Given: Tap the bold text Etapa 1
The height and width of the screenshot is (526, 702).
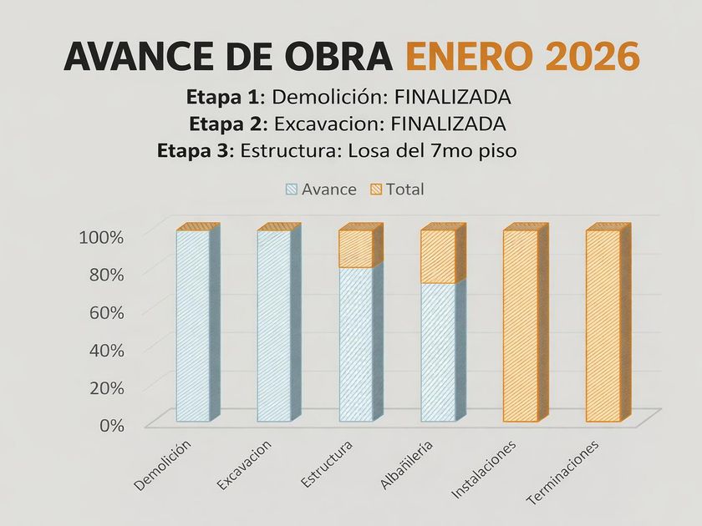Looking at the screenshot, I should point(222,97).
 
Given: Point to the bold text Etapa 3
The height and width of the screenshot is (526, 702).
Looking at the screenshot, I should point(196,151).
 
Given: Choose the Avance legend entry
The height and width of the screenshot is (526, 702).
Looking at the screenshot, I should point(321,190).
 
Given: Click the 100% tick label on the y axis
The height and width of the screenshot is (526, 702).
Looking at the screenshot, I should point(101,236).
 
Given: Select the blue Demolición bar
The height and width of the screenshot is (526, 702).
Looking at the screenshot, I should point(192,326).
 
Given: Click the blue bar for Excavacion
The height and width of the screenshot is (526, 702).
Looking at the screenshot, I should point(273,326).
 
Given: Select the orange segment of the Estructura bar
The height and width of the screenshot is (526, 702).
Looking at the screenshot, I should point(355,249).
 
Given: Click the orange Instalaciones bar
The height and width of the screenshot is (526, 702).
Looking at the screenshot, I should point(520,326).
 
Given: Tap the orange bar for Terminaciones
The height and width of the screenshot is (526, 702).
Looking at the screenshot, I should point(603,326).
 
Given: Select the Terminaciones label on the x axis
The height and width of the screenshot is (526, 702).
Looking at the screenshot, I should point(563,473).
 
